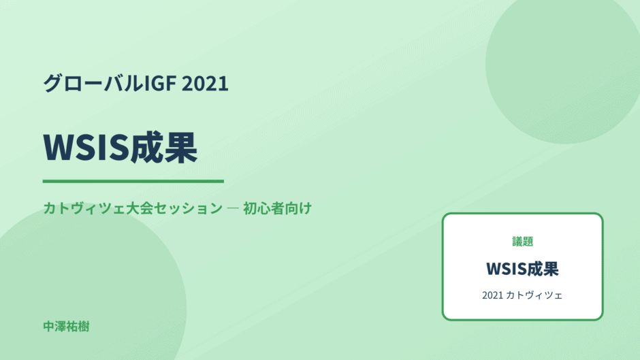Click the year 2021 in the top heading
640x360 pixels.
coord(205,83)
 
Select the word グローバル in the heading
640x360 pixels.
coord(94,83)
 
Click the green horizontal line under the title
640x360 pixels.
coord(133,181)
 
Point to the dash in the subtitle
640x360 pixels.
coord(233,208)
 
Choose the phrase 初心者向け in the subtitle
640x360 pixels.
coord(277,208)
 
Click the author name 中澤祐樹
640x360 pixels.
coord(66,327)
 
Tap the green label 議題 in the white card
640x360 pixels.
coord(522,241)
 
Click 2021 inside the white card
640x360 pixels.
coord(492,295)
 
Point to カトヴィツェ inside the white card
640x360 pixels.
coord(534,295)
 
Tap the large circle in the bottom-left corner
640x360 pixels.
coord(94,286)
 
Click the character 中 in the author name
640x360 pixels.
coord(49,327)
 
